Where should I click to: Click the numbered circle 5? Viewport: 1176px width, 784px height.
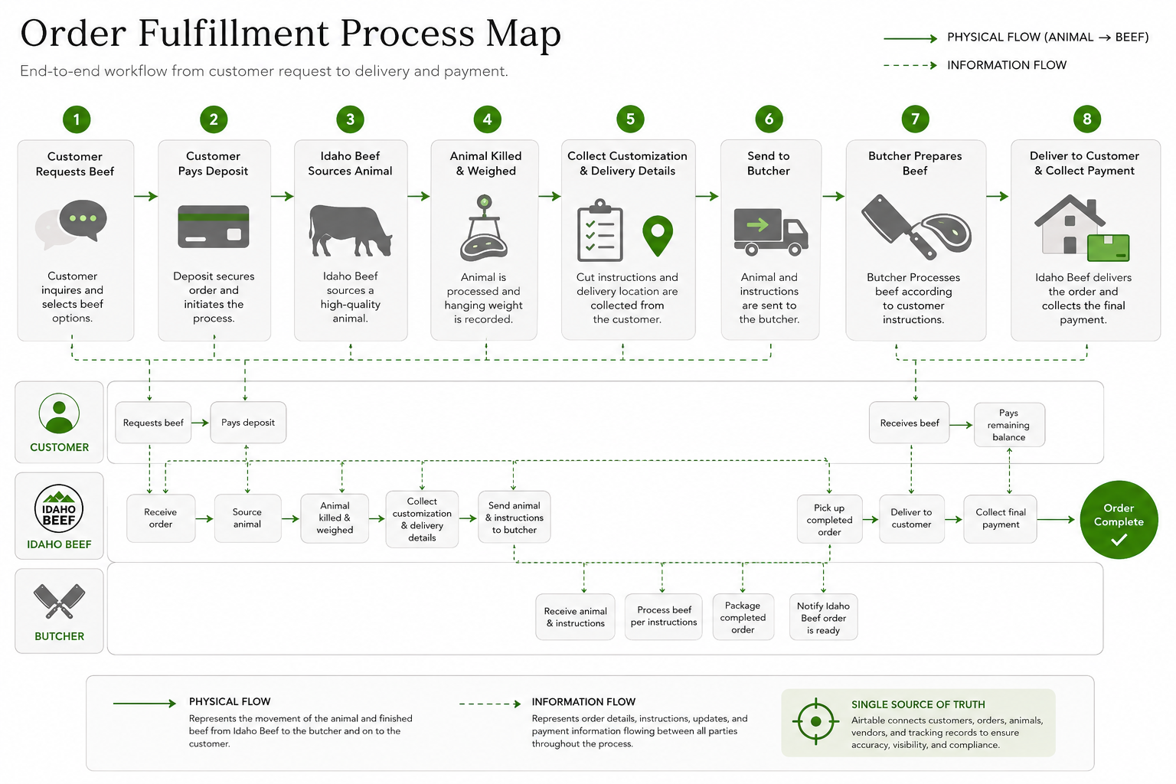point(630,119)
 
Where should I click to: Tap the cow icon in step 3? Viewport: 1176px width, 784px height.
point(350,230)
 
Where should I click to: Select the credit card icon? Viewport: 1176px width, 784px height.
point(213,227)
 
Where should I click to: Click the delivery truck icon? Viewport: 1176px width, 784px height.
point(771,231)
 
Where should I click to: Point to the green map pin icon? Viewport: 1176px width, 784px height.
point(658,235)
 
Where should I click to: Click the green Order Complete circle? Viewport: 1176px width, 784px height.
point(1119,519)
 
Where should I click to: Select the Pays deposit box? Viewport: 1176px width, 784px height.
point(248,422)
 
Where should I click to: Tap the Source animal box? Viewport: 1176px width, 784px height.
point(247,518)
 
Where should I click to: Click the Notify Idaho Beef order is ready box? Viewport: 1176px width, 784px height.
point(823,618)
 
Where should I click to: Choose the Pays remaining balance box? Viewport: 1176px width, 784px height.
point(1009,425)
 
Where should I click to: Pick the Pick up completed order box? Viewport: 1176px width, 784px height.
point(829,519)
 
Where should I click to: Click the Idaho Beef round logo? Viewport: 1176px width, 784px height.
point(59,508)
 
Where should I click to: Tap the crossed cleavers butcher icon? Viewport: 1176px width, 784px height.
point(59,601)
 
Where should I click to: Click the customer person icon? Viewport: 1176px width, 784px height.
point(59,413)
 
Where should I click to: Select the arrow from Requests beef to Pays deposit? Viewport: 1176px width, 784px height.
point(200,423)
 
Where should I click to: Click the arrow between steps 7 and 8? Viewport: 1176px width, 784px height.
point(998,197)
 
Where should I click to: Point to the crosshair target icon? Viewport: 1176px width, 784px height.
point(816,721)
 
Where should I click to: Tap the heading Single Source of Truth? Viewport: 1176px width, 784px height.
point(918,704)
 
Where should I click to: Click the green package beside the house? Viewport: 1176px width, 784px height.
point(1109,247)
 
